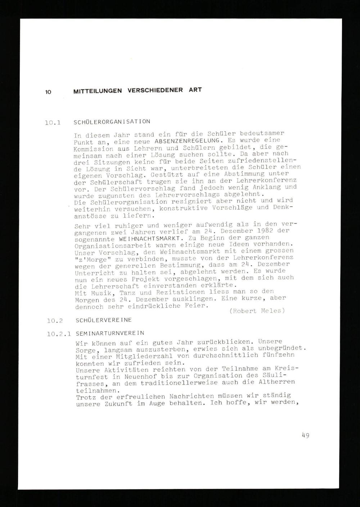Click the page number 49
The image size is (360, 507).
(x=306, y=435)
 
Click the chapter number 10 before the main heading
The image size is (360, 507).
(x=48, y=92)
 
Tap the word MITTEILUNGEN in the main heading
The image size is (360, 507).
(x=98, y=91)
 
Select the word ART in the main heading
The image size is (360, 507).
(x=195, y=90)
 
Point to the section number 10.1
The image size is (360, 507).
(x=52, y=123)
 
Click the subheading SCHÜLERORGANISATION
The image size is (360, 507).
(x=112, y=122)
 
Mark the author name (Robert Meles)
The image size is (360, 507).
(x=257, y=311)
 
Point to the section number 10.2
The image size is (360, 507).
(x=55, y=320)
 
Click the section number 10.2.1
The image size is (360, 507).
(x=58, y=334)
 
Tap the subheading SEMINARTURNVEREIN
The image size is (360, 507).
(x=111, y=333)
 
